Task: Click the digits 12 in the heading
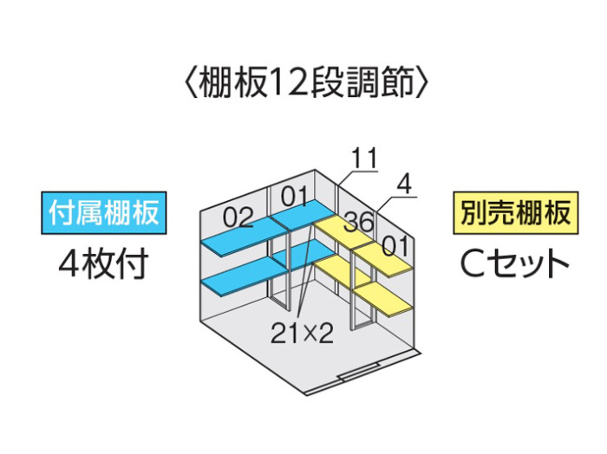point(286,82)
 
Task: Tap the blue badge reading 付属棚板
point(104,212)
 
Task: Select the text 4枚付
point(104,263)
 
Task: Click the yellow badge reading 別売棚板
point(516,212)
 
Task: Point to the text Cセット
point(515,263)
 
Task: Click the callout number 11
point(364,158)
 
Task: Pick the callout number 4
point(405,185)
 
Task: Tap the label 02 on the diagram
point(238,217)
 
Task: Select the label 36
point(360,221)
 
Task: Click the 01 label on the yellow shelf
point(395,246)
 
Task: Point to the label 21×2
point(302,333)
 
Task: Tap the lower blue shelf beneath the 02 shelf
point(243,278)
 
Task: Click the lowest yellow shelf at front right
point(383,301)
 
